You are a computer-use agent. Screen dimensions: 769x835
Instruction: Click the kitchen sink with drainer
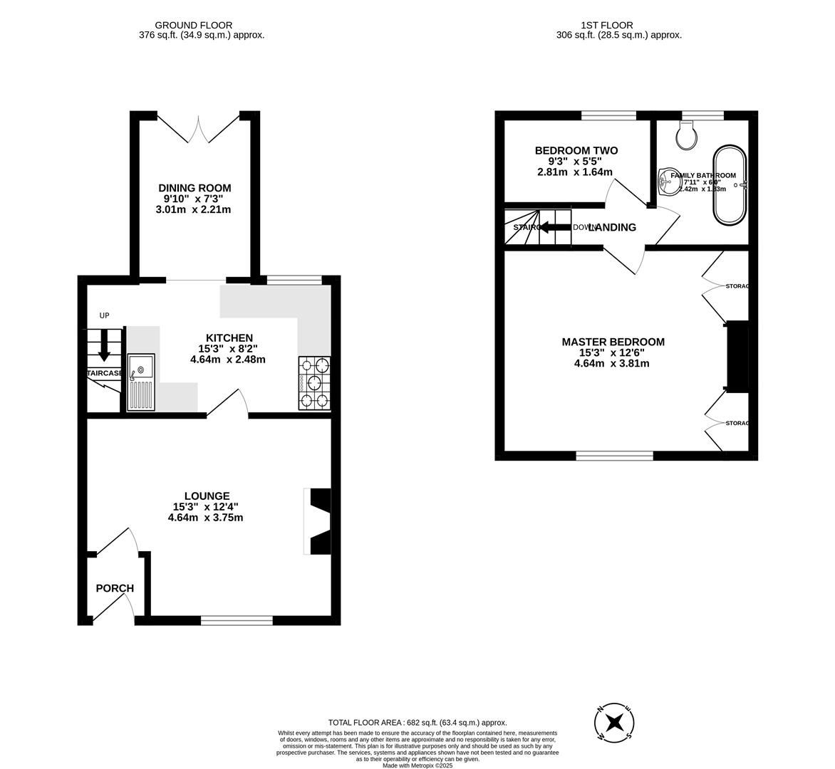pos(141,382)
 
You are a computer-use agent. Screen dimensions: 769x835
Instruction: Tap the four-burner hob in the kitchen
pos(314,383)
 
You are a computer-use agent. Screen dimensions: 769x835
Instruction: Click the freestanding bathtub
pos(730,186)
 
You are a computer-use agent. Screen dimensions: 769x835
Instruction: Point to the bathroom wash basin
pos(668,182)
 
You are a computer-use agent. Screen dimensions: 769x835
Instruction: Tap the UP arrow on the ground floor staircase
pos(104,345)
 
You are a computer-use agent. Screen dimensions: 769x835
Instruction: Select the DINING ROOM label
pos(195,188)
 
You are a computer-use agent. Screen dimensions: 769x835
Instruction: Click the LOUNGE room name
pos(207,496)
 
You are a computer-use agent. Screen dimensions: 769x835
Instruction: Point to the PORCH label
pos(115,588)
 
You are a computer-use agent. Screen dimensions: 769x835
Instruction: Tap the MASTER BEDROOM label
pos(613,342)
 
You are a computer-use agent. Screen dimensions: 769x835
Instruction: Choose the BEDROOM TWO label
pos(576,150)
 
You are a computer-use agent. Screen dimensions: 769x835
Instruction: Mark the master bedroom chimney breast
pos(737,356)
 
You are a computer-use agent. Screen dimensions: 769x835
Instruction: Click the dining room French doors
pos(194,127)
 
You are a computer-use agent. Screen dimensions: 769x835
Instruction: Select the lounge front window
pos(237,620)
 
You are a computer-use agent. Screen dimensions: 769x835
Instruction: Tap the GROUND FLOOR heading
pos(194,25)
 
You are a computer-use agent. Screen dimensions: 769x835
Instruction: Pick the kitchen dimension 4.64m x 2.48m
pos(228,360)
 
